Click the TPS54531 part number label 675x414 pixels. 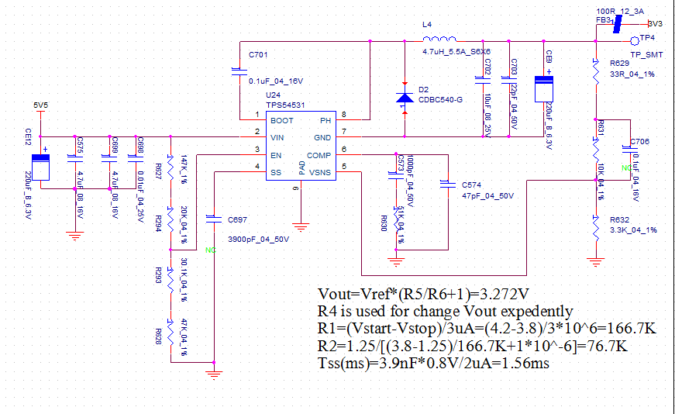tap(285, 104)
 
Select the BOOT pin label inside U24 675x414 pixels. tap(282, 121)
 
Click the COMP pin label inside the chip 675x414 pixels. tap(319, 155)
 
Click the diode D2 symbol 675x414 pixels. tap(405, 98)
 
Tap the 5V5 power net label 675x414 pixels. tap(40, 105)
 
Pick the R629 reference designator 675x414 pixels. tap(619, 62)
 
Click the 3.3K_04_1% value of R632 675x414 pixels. tap(633, 230)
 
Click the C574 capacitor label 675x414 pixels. tap(471, 186)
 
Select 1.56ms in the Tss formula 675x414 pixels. tap(525, 363)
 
